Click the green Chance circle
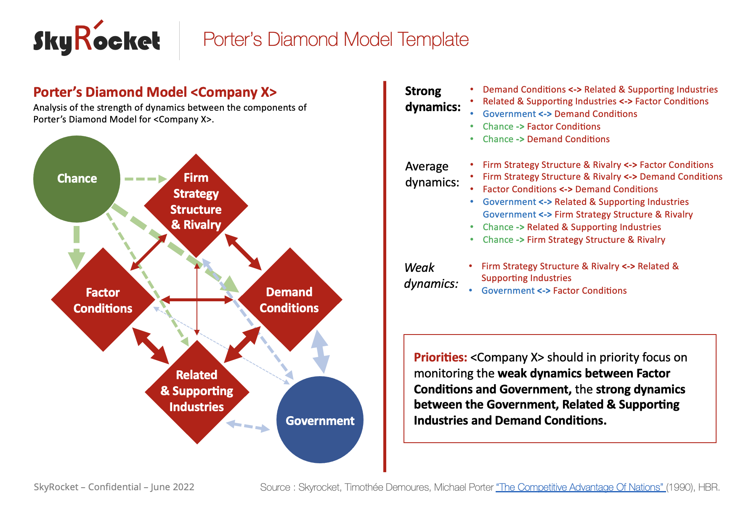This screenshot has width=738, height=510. pyautogui.click(x=77, y=179)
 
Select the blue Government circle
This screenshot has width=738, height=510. pyautogui.click(x=320, y=420)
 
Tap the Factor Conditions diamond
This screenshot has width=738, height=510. pyautogui.click(x=103, y=300)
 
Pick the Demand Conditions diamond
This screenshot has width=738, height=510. pyautogui.click(x=289, y=300)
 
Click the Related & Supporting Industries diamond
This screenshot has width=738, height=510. pyautogui.click(x=196, y=391)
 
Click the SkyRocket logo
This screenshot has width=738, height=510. pyautogui.click(x=97, y=40)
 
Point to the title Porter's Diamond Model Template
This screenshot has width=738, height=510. pyautogui.click(x=335, y=40)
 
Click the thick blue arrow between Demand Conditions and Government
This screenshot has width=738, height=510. pyautogui.click(x=320, y=352)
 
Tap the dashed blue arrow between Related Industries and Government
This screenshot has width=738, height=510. pyautogui.click(x=248, y=426)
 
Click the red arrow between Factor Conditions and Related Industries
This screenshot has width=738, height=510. pyautogui.click(x=150, y=345)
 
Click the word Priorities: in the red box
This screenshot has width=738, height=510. pyautogui.click(x=440, y=357)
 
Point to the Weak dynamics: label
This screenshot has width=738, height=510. pyautogui.click(x=430, y=276)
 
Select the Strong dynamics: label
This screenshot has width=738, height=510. pyautogui.click(x=432, y=99)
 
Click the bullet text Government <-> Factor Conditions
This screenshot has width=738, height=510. pyautogui.click(x=554, y=291)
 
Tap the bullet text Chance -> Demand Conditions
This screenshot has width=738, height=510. pyautogui.click(x=546, y=139)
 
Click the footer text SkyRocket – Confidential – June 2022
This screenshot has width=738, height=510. pyautogui.click(x=114, y=487)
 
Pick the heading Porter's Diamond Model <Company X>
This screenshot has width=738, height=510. pyautogui.click(x=155, y=92)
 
